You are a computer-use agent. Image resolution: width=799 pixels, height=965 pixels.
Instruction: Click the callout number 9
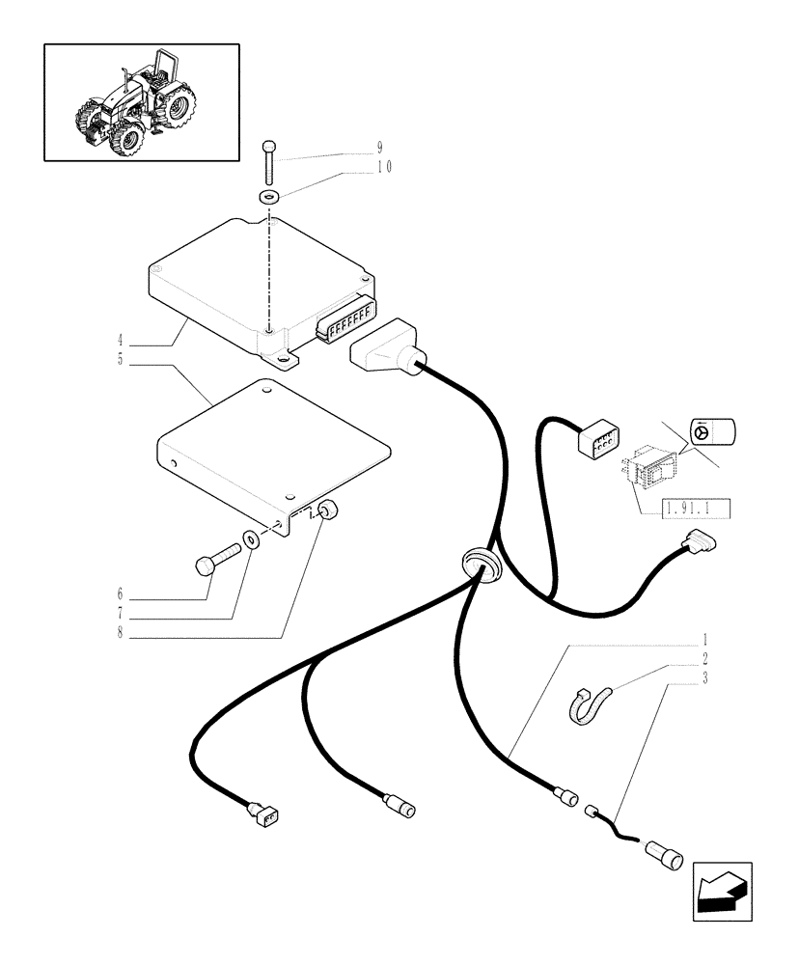tap(380, 148)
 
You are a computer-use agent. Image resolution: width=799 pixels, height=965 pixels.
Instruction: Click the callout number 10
tap(384, 166)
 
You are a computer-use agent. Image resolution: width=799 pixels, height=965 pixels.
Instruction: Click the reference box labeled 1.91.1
tap(696, 508)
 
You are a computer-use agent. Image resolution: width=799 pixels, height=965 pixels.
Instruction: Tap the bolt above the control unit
tap(267, 162)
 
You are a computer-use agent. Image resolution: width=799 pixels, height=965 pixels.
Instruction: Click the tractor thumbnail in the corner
tap(142, 101)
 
